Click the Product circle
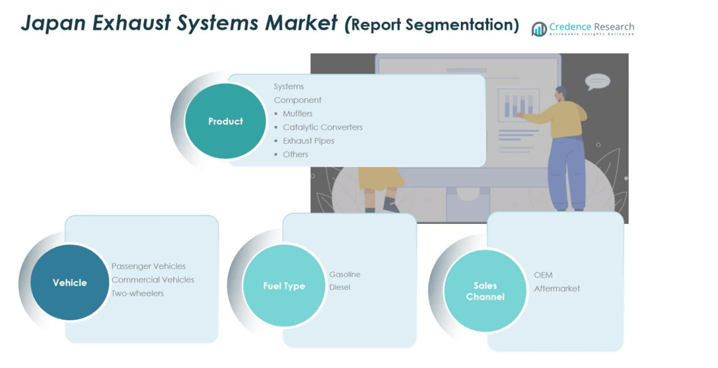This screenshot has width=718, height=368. coord(225,122)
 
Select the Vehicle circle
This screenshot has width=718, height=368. coord(70,283)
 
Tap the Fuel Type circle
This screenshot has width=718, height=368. coord(284,286)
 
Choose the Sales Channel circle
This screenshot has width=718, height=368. coord(485,291)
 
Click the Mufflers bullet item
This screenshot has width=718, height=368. coord(297,114)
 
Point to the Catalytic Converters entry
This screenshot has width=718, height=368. coord(322,127)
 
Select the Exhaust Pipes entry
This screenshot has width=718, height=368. coord(308,141)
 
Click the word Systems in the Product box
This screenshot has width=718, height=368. coord(289,87)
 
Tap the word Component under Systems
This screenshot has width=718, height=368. coord(298,100)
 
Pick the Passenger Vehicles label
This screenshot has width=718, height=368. coord(149,266)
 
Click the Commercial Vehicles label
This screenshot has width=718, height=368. coord(153,279)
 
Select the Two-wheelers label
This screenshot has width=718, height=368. coord(137,293)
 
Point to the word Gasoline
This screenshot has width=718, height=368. coord(345,274)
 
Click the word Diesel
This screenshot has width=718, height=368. coord(340,287)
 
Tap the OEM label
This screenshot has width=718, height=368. coord(543,275)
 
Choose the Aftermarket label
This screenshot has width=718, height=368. coord(557,289)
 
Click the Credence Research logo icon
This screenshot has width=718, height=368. coord(539,28)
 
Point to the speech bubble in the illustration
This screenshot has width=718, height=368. coord(597,81)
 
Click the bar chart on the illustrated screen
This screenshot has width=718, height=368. coord(519,106)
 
